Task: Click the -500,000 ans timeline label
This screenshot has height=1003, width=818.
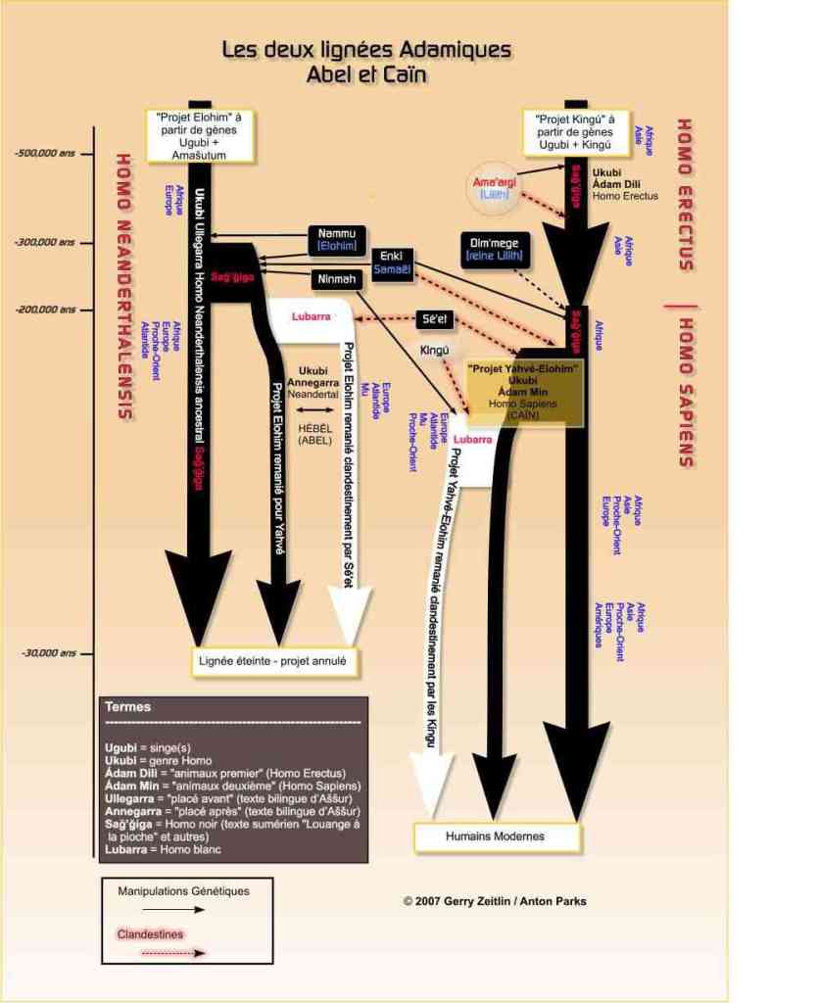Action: (46, 153)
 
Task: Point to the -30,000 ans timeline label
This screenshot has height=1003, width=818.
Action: (43, 652)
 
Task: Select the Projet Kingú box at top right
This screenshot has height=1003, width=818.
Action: (573, 131)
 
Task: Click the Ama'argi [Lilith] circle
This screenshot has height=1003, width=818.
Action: (495, 187)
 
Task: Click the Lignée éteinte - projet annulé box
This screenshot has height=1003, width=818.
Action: (275, 662)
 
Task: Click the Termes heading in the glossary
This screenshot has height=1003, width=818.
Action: (127, 706)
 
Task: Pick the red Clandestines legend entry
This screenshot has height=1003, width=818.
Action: (150, 933)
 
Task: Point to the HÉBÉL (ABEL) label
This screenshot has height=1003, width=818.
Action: (314, 434)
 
